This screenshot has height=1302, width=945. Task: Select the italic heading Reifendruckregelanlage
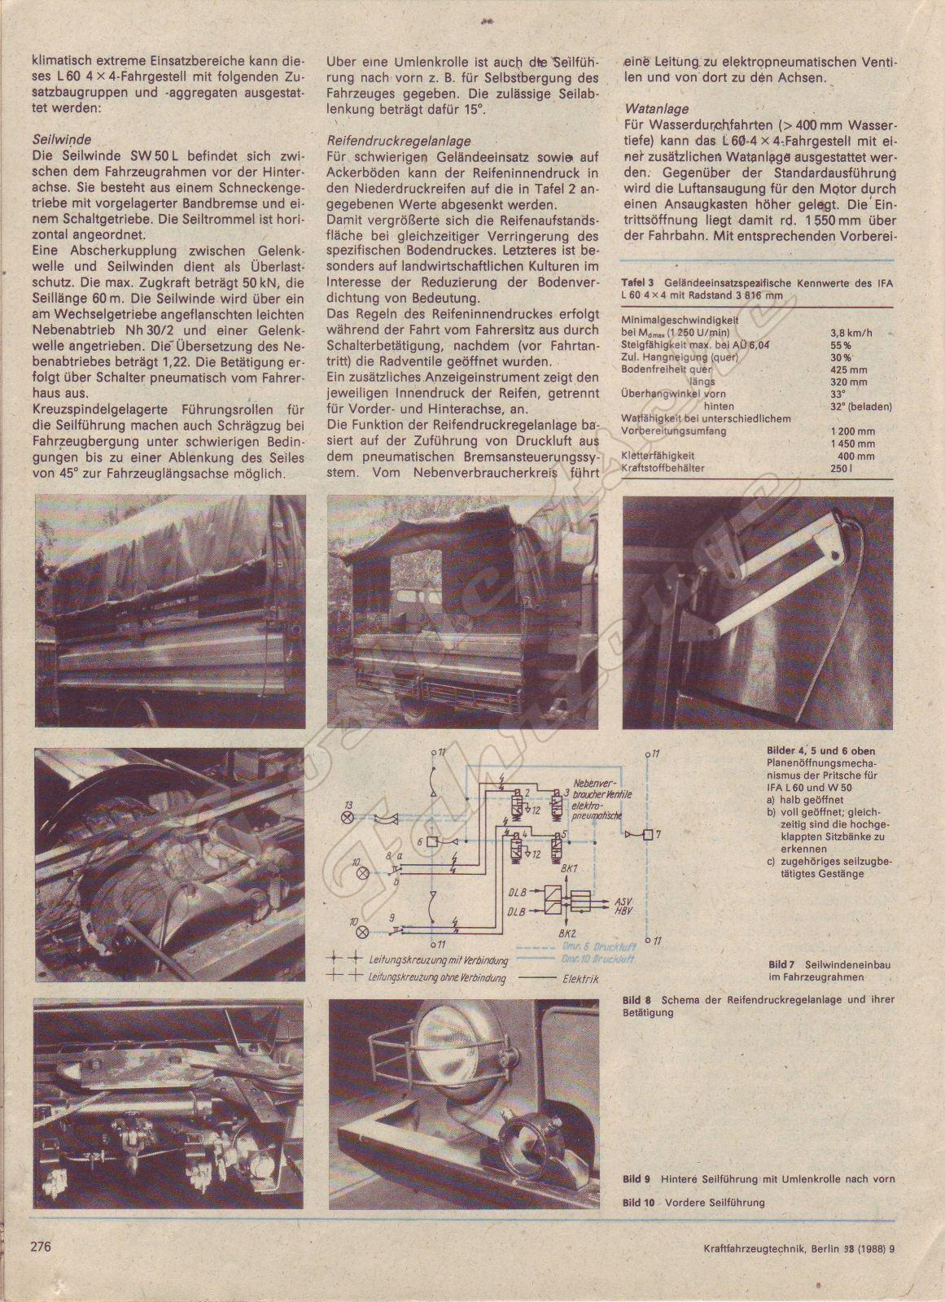[x=383, y=140]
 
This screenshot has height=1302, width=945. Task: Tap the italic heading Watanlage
[x=657, y=108]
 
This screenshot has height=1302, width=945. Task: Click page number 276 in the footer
[x=42, y=1269]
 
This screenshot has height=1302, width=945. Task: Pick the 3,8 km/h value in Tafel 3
[x=848, y=332]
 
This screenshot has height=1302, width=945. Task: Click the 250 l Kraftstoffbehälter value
[x=839, y=469]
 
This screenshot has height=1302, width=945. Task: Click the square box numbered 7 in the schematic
[x=645, y=834]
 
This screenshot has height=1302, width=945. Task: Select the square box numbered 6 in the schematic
[x=431, y=841]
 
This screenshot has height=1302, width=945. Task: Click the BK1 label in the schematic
[x=569, y=869]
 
